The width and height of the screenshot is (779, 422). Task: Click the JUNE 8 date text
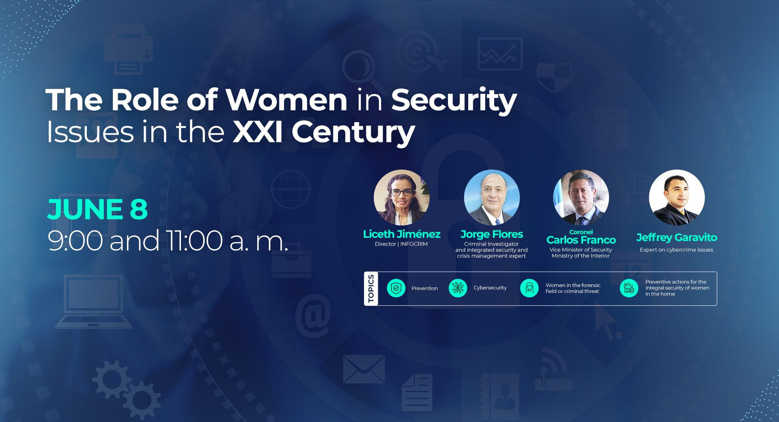pyautogui.click(x=97, y=209)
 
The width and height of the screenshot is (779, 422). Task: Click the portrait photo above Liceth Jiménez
pyautogui.click(x=402, y=198)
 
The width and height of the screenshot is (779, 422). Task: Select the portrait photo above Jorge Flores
pyautogui.click(x=492, y=198)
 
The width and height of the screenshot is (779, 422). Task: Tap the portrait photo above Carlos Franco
pyautogui.click(x=581, y=198)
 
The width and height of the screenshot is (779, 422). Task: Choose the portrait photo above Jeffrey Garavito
pyautogui.click(x=677, y=198)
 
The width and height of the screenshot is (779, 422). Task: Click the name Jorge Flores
pyautogui.click(x=492, y=235)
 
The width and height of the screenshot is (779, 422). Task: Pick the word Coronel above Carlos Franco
pyautogui.click(x=581, y=232)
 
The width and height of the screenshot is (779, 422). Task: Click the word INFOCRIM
pyautogui.click(x=414, y=244)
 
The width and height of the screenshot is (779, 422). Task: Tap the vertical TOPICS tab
pyautogui.click(x=371, y=289)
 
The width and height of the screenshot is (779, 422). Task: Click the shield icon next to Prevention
pyautogui.click(x=396, y=288)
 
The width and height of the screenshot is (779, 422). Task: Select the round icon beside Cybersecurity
pyautogui.click(x=458, y=288)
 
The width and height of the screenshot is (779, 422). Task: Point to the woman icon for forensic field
pyautogui.click(x=529, y=288)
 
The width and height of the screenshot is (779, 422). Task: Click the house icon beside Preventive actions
pyautogui.click(x=629, y=288)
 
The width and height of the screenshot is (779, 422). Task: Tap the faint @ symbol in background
pyautogui.click(x=313, y=315)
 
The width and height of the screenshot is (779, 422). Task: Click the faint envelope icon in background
pyautogui.click(x=364, y=369)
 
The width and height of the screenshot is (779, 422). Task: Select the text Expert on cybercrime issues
pyautogui.click(x=676, y=250)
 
